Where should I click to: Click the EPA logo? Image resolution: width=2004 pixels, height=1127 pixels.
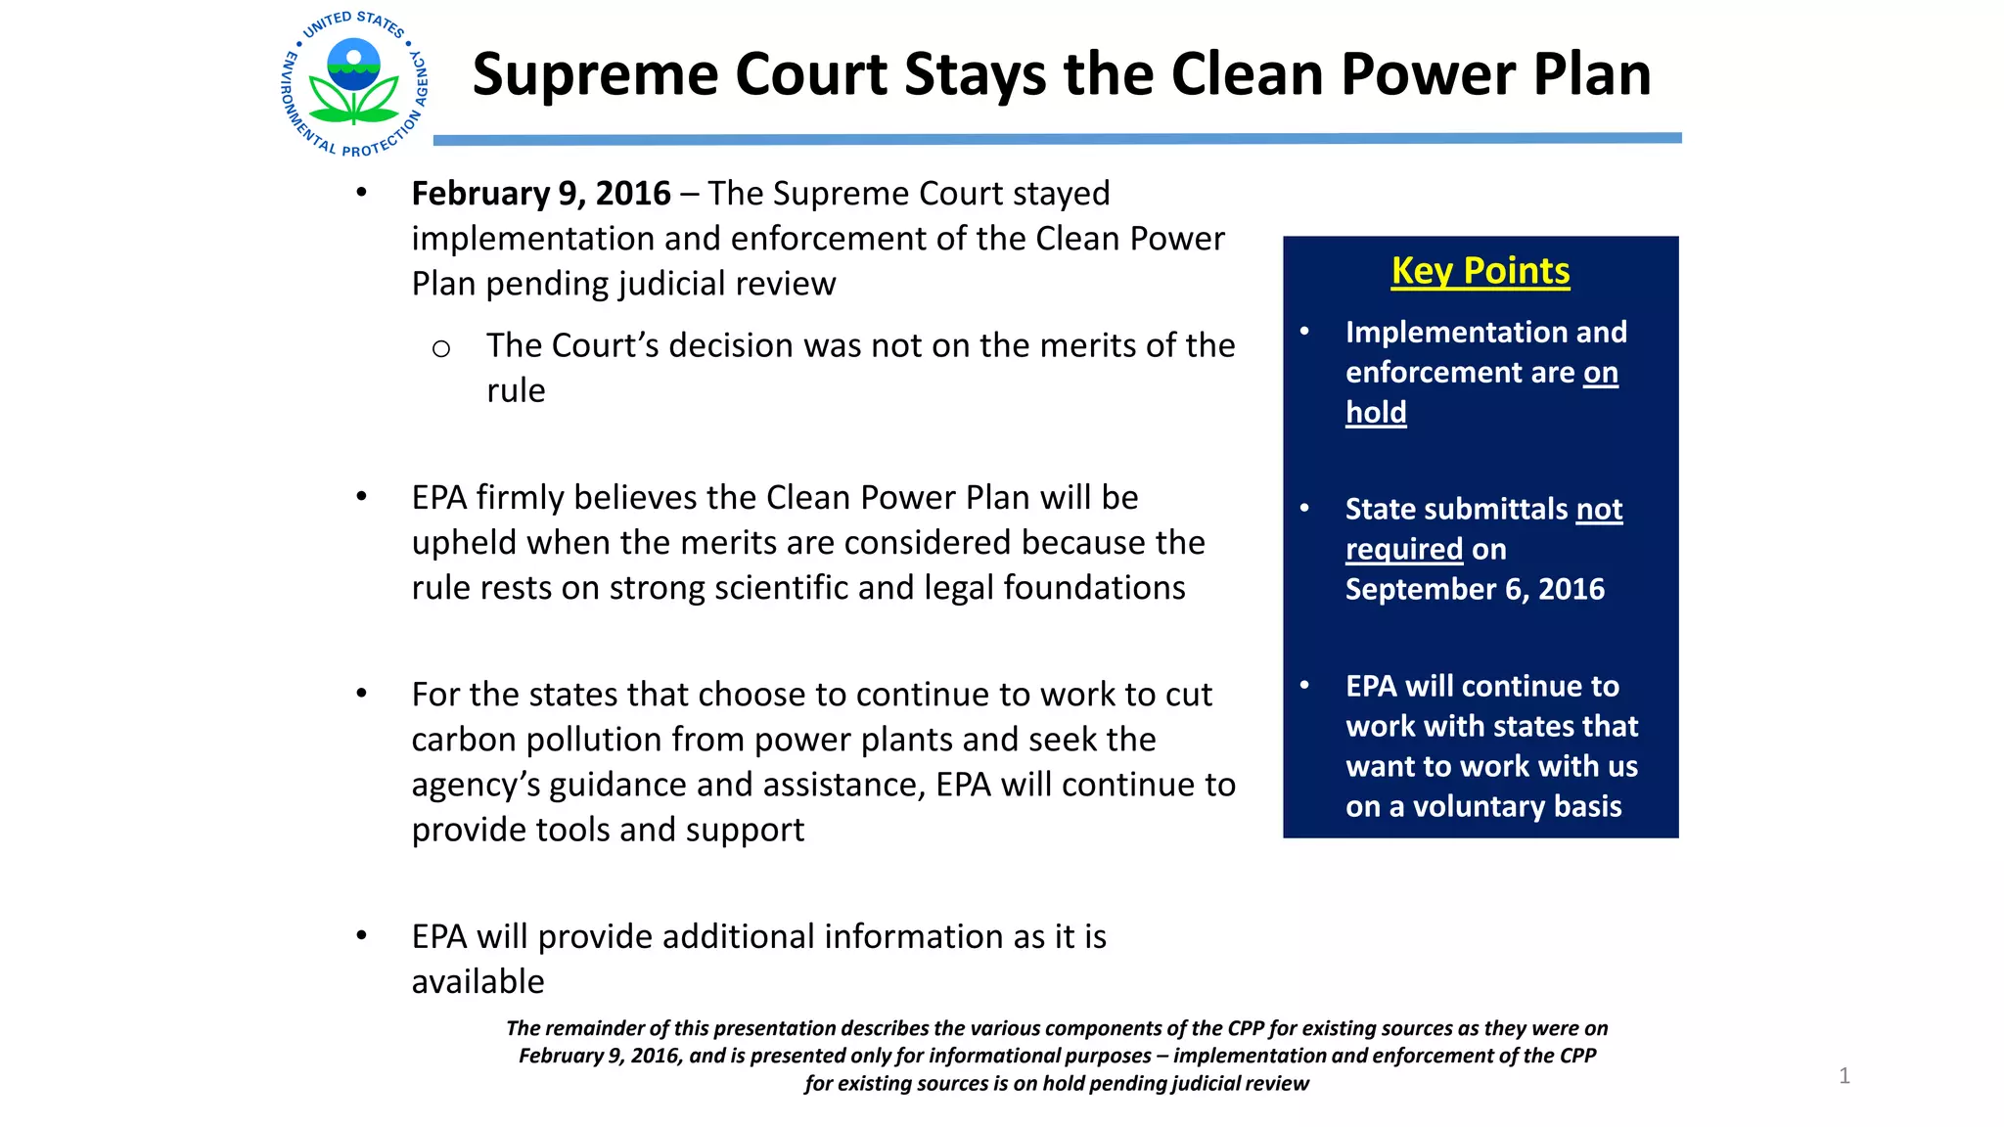pos(354,83)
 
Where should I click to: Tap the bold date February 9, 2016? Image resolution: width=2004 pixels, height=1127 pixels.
pos(541,194)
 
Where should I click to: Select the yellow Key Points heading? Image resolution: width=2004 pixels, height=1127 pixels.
pos(1480,271)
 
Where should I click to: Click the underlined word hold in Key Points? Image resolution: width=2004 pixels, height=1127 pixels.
pos(1376,412)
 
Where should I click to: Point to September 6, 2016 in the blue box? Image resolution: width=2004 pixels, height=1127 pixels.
pos(1475,589)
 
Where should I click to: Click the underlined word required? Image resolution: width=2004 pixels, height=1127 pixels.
pos(1404,550)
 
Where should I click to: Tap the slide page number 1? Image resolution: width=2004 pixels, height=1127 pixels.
pos(1845,1076)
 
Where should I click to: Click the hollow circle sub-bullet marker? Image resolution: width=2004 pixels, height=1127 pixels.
pos(441,349)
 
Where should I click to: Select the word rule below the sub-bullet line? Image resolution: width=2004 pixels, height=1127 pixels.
pos(516,390)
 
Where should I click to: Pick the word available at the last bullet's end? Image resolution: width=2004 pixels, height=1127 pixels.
pos(478,981)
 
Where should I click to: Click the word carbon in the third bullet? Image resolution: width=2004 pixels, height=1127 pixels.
pos(465,741)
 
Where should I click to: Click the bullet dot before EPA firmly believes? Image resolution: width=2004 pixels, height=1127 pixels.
pos(362,497)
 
